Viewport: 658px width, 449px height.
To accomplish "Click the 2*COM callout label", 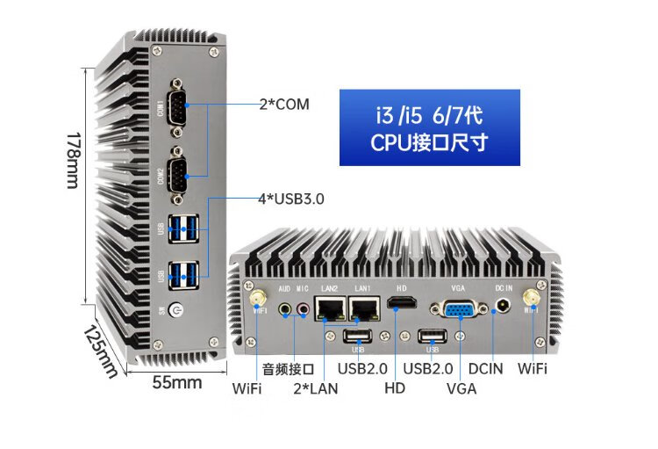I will tap(284, 105).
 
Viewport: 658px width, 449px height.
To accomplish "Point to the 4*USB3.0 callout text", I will tap(290, 199).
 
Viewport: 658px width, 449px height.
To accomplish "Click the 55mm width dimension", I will tap(177, 383).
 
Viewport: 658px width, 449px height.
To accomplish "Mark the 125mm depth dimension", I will tap(101, 351).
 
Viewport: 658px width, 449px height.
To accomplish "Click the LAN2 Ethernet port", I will tap(331, 308).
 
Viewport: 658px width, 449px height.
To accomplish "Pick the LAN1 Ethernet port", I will tap(363, 308).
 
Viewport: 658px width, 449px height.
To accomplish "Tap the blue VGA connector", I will tap(458, 309).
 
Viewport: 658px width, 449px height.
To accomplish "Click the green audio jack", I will tap(285, 308).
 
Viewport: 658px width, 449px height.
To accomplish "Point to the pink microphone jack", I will tap(303, 308).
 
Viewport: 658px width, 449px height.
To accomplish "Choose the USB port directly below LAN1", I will tap(357, 337).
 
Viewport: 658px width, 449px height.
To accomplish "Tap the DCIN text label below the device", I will tap(486, 368).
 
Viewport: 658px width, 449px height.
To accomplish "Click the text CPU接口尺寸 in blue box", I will tap(429, 142).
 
